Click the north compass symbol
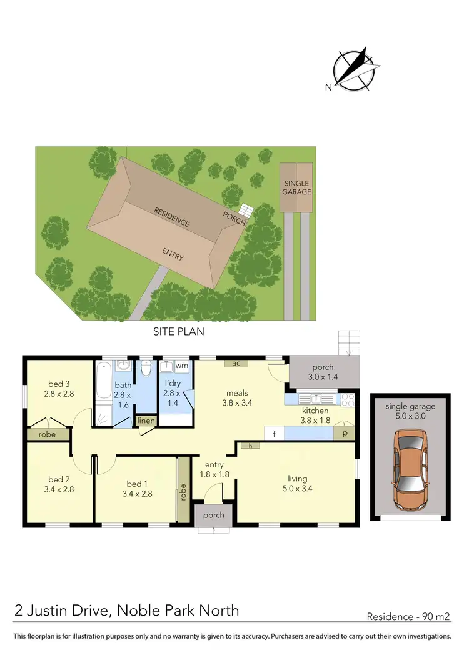click(x=353, y=69)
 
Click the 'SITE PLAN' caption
click(x=179, y=332)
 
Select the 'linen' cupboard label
click(x=146, y=422)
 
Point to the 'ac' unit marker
click(x=236, y=363)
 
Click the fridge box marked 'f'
click(x=273, y=432)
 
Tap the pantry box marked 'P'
click(x=343, y=432)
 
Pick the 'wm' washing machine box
click(x=181, y=366)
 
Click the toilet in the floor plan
click(x=146, y=369)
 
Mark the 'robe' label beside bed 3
click(x=48, y=433)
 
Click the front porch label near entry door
click(x=213, y=516)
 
